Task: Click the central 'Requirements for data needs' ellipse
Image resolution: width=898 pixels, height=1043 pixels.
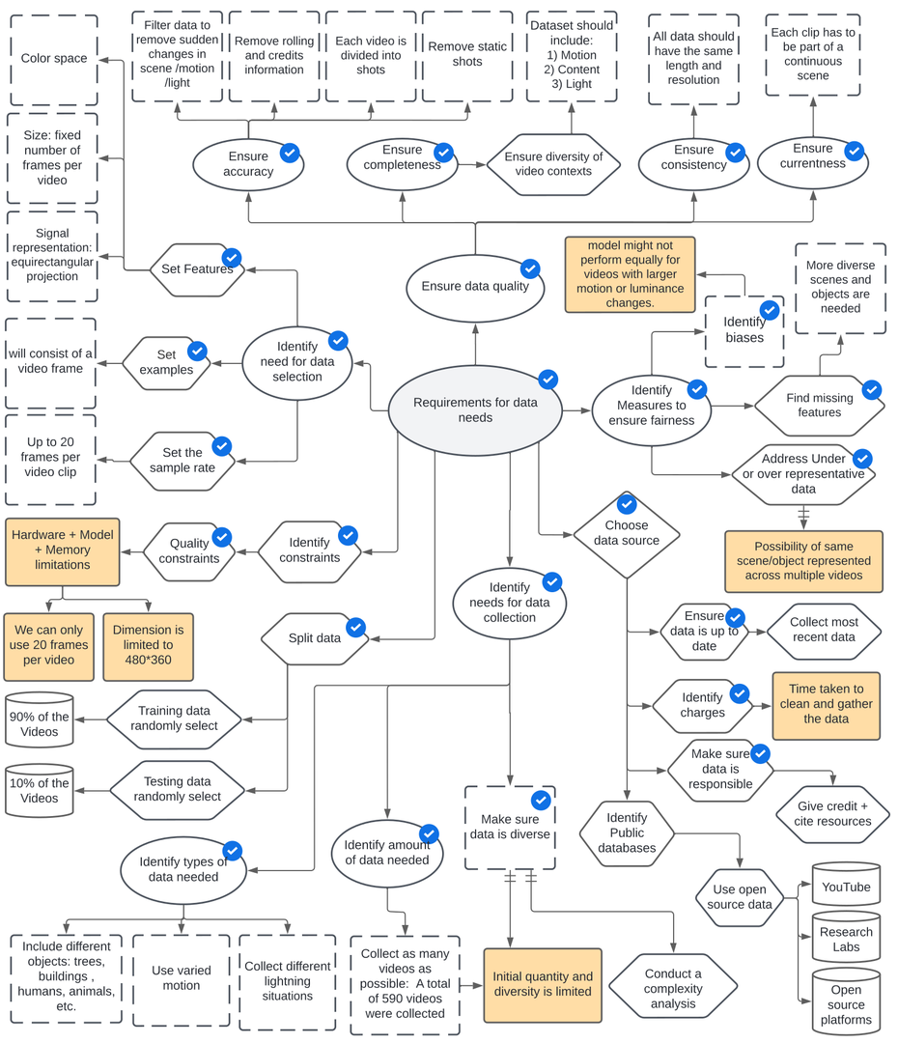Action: click(475, 410)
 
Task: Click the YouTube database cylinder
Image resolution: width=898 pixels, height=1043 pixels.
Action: click(846, 886)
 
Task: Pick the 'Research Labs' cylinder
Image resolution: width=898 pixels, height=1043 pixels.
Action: click(846, 939)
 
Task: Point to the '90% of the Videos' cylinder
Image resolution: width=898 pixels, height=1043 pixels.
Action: click(40, 722)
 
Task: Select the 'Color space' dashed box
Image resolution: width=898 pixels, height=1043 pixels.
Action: click(54, 59)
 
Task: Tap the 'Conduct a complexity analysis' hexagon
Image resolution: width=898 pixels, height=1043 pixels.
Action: click(673, 988)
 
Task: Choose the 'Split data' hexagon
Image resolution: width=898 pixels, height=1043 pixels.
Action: click(316, 638)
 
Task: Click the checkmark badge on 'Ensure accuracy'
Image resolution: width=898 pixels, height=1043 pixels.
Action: click(289, 153)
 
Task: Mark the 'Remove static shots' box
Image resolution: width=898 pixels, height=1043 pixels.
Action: click(467, 54)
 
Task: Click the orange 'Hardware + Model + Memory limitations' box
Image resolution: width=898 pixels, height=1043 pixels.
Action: click(63, 550)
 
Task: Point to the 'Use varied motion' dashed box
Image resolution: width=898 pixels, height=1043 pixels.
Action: click(182, 978)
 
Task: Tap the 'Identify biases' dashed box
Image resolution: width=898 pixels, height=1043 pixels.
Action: click(744, 331)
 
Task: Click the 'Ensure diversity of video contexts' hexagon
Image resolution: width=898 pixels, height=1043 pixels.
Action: click(553, 164)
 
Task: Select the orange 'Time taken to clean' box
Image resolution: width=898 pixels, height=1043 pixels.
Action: click(826, 704)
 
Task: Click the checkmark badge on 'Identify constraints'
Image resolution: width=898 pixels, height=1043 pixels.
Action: click(348, 535)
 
